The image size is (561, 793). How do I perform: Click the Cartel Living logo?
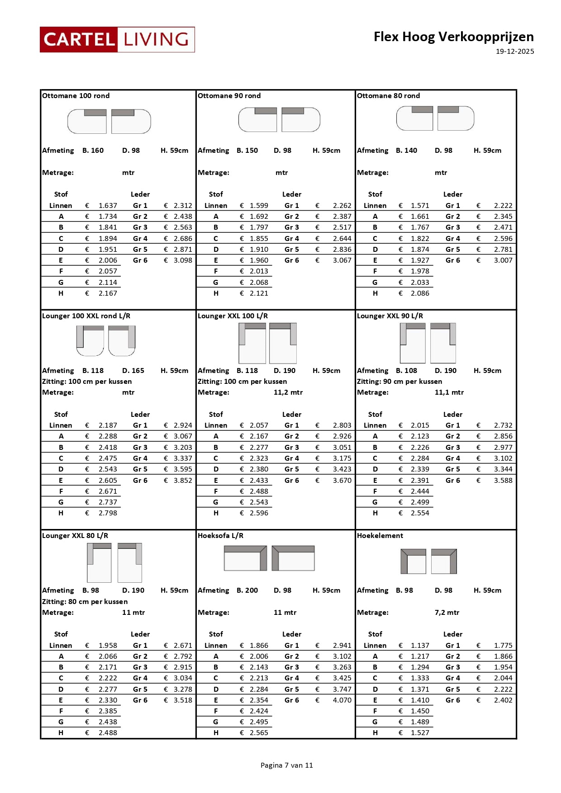pyautogui.click(x=117, y=40)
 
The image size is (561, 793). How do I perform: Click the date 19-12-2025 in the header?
pyautogui.click(x=514, y=52)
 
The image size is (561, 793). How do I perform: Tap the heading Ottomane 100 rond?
pyautogui.click(x=76, y=96)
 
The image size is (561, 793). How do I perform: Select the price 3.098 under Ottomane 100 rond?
pyautogui.click(x=183, y=260)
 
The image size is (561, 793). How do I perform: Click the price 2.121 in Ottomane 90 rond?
pyautogui.click(x=259, y=293)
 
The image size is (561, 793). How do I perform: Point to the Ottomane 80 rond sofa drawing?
pyautogui.click(x=435, y=118)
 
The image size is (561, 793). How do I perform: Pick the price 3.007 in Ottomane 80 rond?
pyautogui.click(x=503, y=260)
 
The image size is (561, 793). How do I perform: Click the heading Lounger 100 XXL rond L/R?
pyautogui.click(x=86, y=316)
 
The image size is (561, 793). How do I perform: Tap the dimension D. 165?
pyautogui.click(x=133, y=371)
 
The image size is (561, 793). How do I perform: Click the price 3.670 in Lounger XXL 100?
pyautogui.click(x=342, y=481)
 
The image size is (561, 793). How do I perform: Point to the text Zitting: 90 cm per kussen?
pyautogui.click(x=399, y=382)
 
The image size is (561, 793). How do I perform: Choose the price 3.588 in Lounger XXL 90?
pyautogui.click(x=503, y=481)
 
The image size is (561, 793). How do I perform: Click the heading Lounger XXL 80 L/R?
pyautogui.click(x=75, y=536)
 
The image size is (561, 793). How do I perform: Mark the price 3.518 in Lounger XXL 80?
pyautogui.click(x=183, y=700)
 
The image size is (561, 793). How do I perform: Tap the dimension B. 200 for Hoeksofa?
pyautogui.click(x=247, y=590)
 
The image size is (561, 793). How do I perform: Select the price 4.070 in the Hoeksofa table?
pyautogui.click(x=342, y=700)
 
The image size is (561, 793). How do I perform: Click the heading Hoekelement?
pyautogui.click(x=380, y=536)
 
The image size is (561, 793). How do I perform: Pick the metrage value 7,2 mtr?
pyautogui.click(x=447, y=613)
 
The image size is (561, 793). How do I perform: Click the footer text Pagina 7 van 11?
pyautogui.click(x=287, y=765)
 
